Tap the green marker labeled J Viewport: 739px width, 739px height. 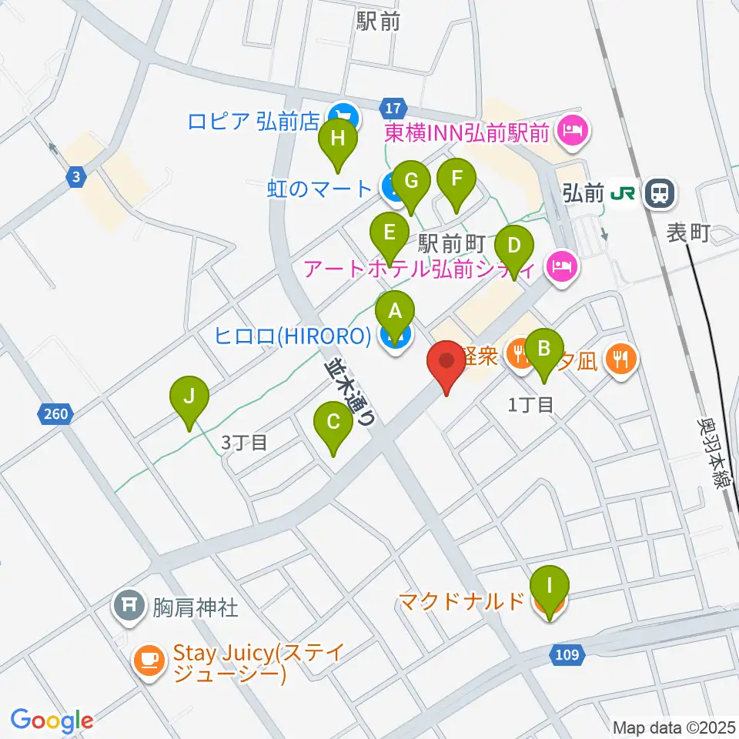pyautogui.click(x=189, y=398)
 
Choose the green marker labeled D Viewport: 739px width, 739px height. pyautogui.click(x=513, y=249)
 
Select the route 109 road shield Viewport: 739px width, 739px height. pyautogui.click(x=568, y=654)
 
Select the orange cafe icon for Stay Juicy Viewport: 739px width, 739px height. pyautogui.click(x=149, y=660)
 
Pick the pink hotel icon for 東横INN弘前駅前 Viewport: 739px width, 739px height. pyautogui.click(x=572, y=128)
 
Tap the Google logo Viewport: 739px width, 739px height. pyautogui.click(x=52, y=721)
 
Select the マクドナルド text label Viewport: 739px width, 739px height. pyautogui.click(x=462, y=601)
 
